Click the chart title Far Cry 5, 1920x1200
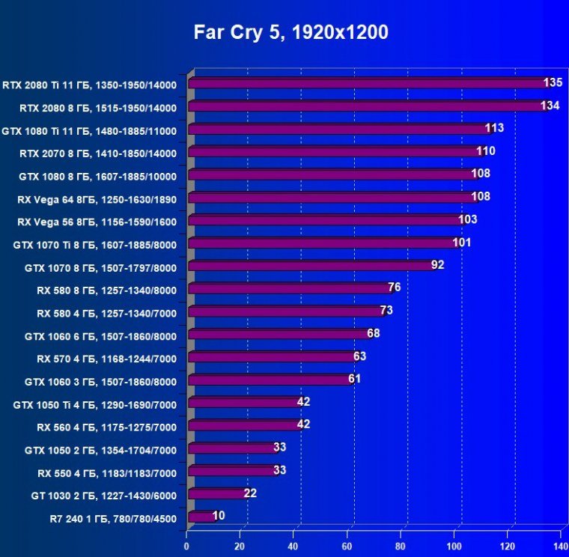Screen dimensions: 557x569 [x=291, y=32]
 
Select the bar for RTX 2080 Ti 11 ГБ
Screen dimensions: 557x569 [x=367, y=83]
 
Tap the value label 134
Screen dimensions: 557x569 [x=550, y=106]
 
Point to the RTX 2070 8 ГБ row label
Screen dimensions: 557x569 [x=98, y=153]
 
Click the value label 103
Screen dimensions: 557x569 [x=468, y=219]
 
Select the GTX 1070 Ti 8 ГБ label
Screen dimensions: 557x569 [x=95, y=244]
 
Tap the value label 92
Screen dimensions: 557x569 [x=437, y=265]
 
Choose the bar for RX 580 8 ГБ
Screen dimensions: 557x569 [x=287, y=288]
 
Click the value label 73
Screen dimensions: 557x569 [x=386, y=310]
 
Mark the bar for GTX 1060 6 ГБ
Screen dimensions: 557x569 [x=277, y=334]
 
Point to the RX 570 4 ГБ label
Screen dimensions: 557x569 [x=106, y=358]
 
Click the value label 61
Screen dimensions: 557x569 [x=354, y=379]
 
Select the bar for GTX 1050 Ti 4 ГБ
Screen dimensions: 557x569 [x=243, y=402]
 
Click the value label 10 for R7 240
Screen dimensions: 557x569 [x=218, y=515]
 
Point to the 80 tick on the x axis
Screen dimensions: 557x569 [x=401, y=535]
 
